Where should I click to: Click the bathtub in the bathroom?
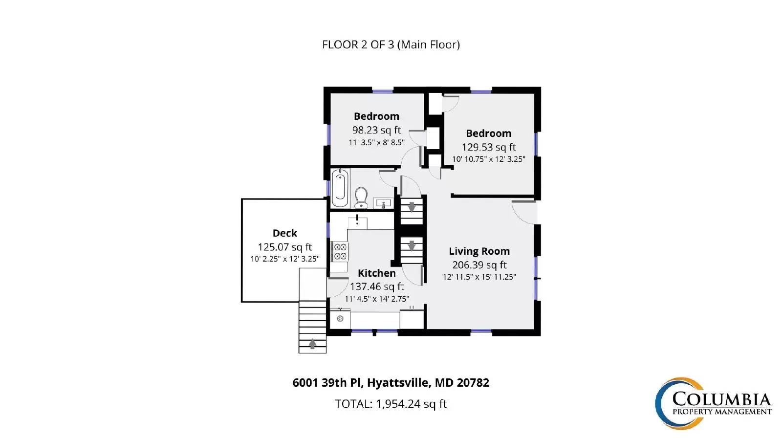tap(340, 188)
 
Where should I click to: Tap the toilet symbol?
tap(361, 198)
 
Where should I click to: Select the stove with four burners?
tap(340, 251)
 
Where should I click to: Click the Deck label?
tap(284, 233)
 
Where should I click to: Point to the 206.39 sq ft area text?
tap(479, 265)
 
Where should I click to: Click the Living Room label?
tap(479, 251)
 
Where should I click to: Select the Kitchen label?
tap(376, 273)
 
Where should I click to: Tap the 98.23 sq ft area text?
tap(376, 130)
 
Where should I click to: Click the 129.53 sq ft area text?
tap(488, 147)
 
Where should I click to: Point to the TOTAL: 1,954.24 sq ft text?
tap(391, 404)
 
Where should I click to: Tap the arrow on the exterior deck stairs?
tap(312, 345)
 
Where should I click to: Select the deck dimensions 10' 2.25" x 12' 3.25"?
tap(284, 259)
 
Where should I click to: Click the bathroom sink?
tap(383, 202)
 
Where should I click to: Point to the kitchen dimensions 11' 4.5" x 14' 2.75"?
tap(377, 299)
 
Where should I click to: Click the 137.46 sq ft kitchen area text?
tap(377, 286)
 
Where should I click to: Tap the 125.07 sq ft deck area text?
tap(284, 247)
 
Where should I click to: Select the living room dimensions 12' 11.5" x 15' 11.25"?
tap(479, 277)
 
